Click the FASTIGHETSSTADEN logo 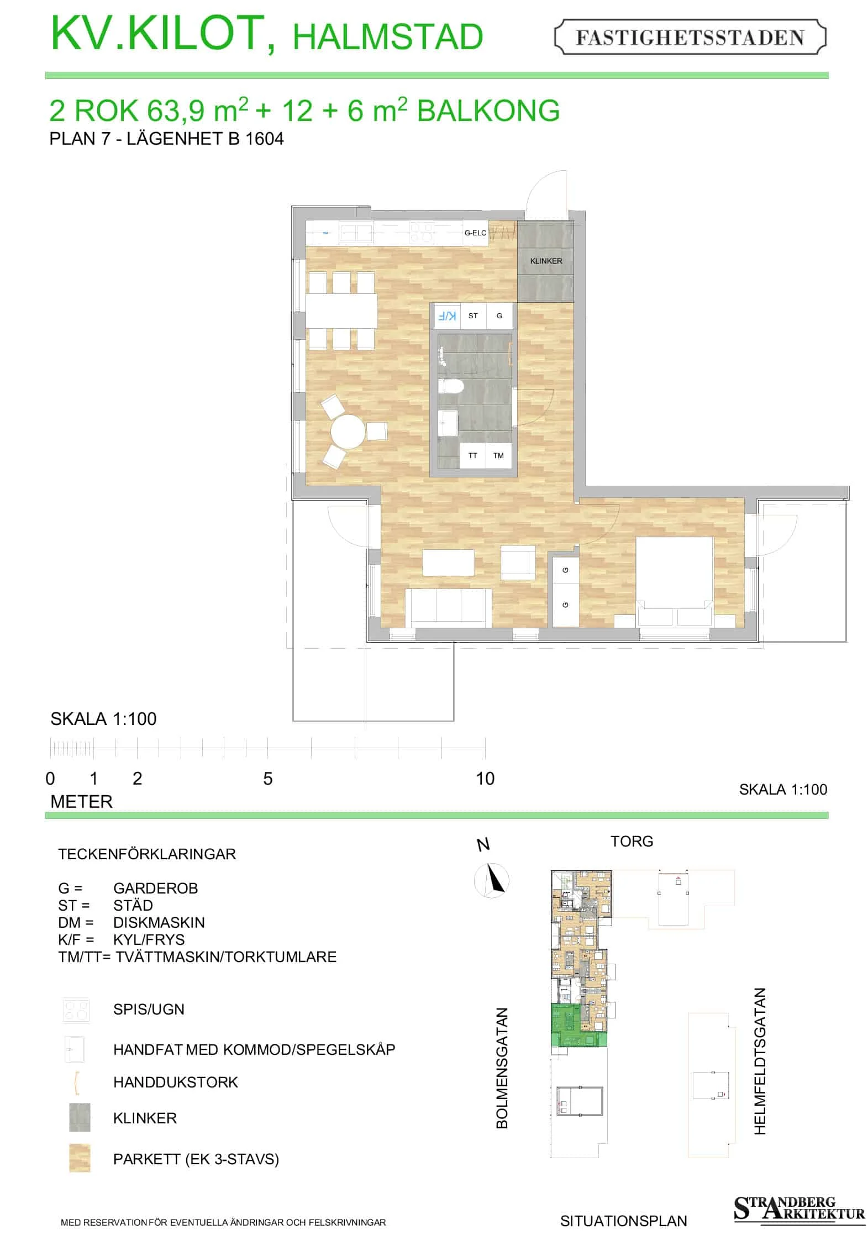[x=690, y=37]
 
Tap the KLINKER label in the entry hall [x=546, y=261]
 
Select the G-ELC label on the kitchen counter [x=475, y=233]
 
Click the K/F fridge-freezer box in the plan [x=447, y=316]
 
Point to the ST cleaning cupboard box [x=473, y=316]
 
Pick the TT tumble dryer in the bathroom [x=473, y=456]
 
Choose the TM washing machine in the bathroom [x=498, y=456]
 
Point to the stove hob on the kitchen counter [x=421, y=233]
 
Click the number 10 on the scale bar [x=485, y=779]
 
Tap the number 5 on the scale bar [x=268, y=779]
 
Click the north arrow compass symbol [x=492, y=880]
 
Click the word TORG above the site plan [x=632, y=841]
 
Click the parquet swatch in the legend [x=80, y=1158]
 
